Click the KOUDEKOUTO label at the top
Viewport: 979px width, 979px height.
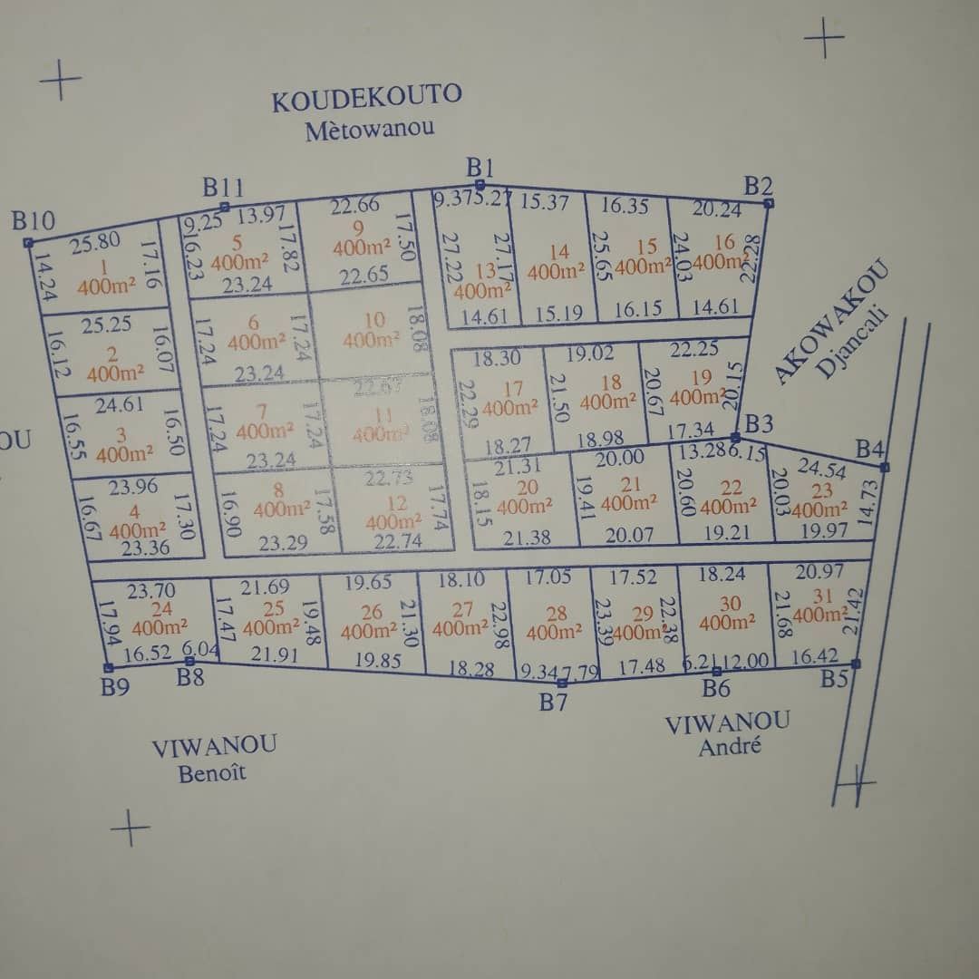click(x=366, y=97)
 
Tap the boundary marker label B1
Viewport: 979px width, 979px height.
click(x=480, y=167)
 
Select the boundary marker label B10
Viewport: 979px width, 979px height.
click(x=34, y=220)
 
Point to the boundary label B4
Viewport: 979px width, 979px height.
click(x=870, y=449)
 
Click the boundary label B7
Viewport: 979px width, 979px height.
click(x=553, y=701)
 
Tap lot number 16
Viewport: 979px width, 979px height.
click(x=723, y=242)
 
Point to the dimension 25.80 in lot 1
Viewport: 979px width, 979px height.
click(x=94, y=243)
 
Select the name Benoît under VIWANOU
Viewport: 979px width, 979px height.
click(x=212, y=773)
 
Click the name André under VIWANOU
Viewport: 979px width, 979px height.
click(x=729, y=748)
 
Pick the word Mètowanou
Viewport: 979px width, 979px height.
click(x=369, y=128)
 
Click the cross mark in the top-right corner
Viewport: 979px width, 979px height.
click(x=824, y=39)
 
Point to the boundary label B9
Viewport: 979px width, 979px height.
click(x=115, y=687)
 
